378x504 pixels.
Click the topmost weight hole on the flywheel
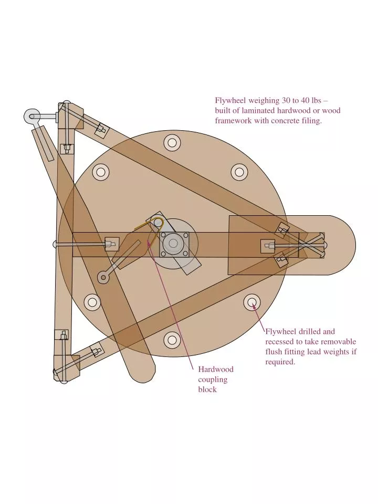pyautogui.click(x=172, y=142)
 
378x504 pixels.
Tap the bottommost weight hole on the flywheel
pyautogui.click(x=172, y=340)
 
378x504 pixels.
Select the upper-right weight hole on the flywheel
pyautogui.click(x=239, y=171)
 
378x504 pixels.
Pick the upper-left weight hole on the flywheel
pyautogui.click(x=100, y=171)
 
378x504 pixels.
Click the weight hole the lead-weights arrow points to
pyautogui.click(x=251, y=302)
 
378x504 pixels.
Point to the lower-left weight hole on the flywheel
pyautogui.click(x=92, y=302)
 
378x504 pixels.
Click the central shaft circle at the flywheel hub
pyautogui.click(x=172, y=243)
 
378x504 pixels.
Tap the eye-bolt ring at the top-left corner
pyautogui.click(x=32, y=117)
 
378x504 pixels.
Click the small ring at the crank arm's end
pyautogui.click(x=103, y=277)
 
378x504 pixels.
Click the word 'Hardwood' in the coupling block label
pyautogui.click(x=215, y=369)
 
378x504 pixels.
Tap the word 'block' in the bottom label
pyautogui.click(x=207, y=390)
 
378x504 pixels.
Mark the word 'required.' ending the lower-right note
pyautogui.click(x=280, y=362)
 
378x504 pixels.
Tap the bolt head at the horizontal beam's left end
pyautogui.click(x=56, y=244)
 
